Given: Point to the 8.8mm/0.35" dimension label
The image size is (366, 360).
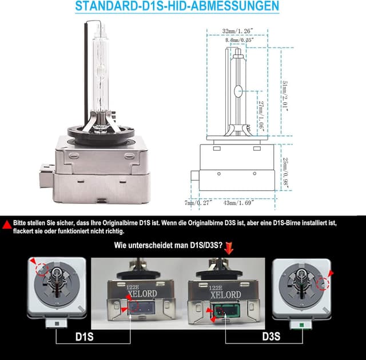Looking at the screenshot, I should (x=240, y=41).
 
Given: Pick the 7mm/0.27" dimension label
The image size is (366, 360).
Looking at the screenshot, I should (x=198, y=202).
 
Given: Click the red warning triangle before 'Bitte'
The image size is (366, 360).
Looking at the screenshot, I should (x=6, y=226).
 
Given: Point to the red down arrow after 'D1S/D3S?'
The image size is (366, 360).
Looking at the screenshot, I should (x=230, y=246).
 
